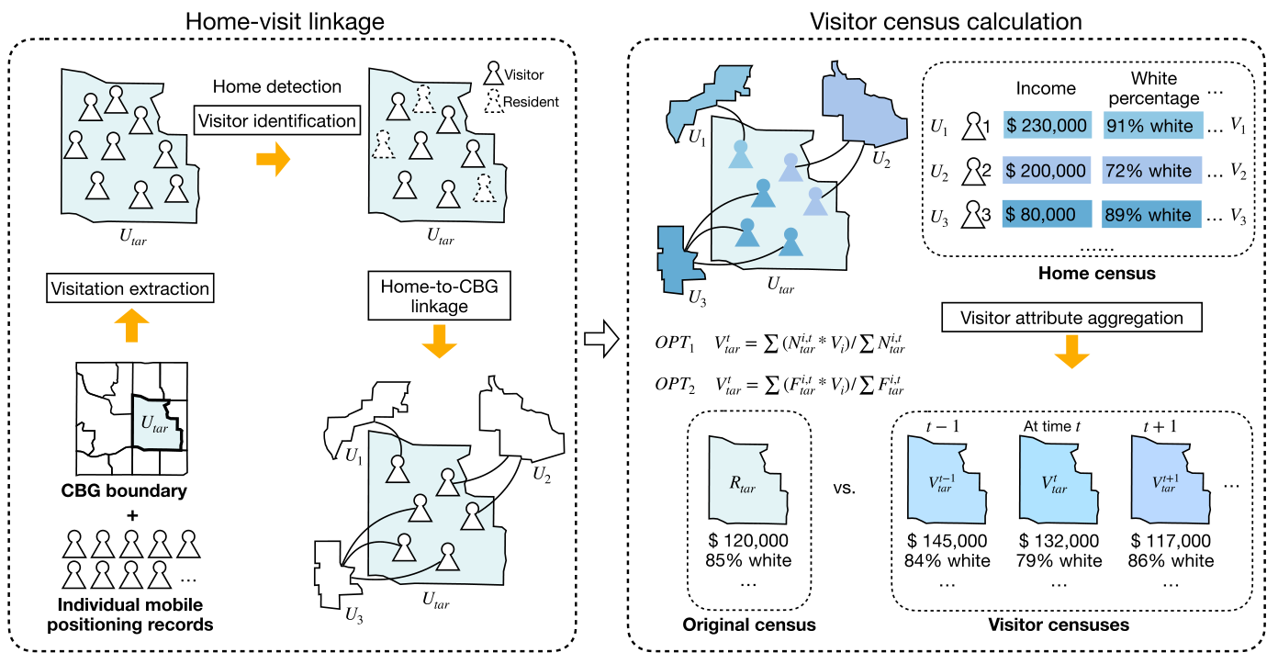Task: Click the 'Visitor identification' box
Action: (x=277, y=120)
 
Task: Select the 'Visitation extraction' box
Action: (x=130, y=288)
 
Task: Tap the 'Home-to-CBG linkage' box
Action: (x=439, y=296)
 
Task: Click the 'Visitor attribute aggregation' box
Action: (x=1071, y=318)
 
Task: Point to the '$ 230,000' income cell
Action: (x=1047, y=125)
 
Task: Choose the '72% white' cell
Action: (x=1151, y=170)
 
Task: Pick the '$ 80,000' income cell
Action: (x=1047, y=214)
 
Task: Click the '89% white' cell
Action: (x=1151, y=214)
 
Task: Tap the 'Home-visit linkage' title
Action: (x=285, y=22)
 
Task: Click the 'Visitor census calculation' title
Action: (x=946, y=22)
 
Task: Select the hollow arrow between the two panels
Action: (x=602, y=339)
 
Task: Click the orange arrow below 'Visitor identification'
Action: (x=274, y=159)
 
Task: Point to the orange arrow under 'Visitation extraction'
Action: (x=132, y=325)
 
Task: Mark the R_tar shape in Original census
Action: (x=748, y=480)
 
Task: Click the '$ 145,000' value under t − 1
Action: (x=947, y=540)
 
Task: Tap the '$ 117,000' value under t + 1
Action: (x=1171, y=540)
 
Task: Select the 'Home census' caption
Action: (x=1096, y=273)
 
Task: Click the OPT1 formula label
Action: (x=675, y=343)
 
